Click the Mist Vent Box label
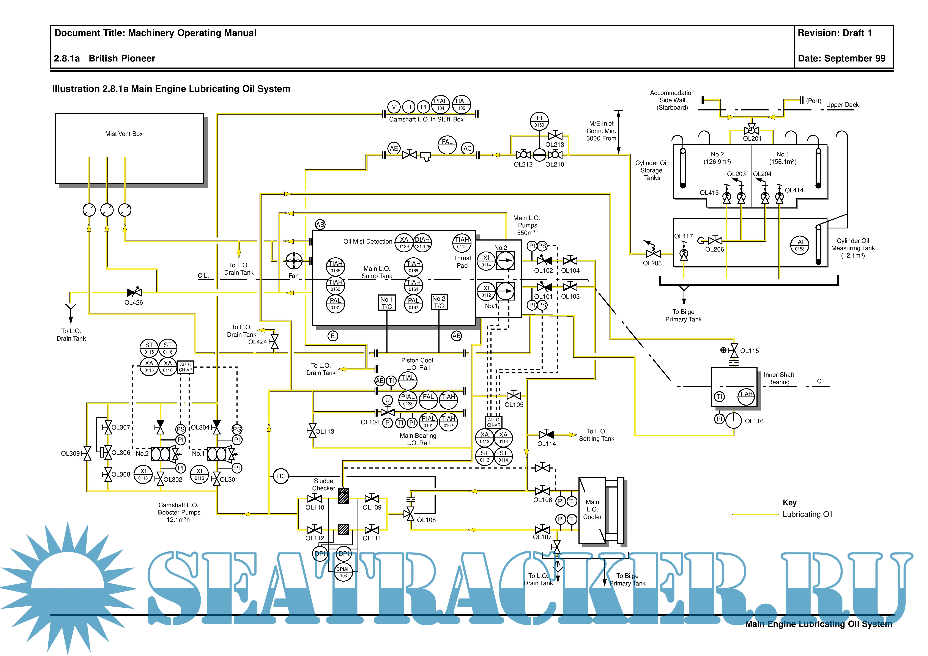pos(124,134)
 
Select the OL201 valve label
pos(752,139)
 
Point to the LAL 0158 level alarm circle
pos(799,245)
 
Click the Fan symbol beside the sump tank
pos(294,261)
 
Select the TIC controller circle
pos(280,476)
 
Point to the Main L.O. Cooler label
pos(592,509)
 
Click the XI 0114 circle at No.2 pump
pos(486,261)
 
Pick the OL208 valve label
pos(652,263)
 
